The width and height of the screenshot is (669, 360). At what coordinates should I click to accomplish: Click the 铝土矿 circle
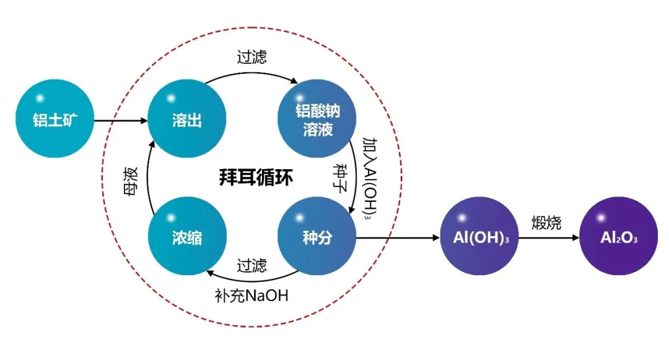(x=56, y=120)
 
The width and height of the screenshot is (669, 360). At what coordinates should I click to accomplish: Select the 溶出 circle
(x=186, y=120)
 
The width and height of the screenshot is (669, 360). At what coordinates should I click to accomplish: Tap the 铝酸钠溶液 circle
(x=318, y=120)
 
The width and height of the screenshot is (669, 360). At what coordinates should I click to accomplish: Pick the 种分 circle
(x=318, y=237)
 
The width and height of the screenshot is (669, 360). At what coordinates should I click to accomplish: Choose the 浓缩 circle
(x=186, y=237)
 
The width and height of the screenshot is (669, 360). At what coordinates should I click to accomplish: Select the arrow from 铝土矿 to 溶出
(x=121, y=121)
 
